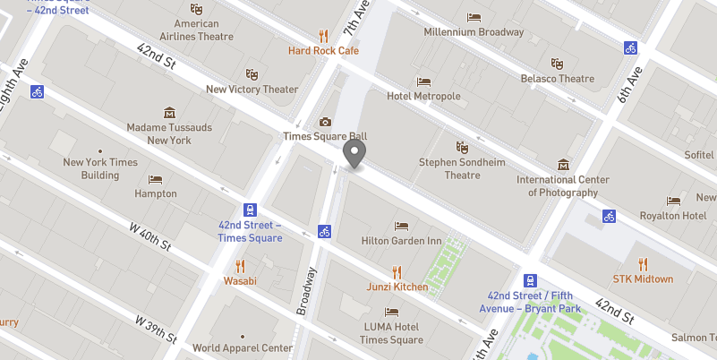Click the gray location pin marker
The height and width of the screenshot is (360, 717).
point(355,154)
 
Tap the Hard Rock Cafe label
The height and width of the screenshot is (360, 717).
point(323,51)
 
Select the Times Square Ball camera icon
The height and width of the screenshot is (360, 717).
point(324,122)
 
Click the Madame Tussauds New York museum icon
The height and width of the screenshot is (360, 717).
point(169,113)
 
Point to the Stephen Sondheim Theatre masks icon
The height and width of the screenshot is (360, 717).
point(462,147)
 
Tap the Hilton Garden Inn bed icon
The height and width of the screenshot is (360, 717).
point(401,226)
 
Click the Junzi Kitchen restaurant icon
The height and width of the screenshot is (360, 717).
point(397,271)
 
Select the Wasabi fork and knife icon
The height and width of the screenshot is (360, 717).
point(239,265)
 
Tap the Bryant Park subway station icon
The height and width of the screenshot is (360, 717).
point(530,280)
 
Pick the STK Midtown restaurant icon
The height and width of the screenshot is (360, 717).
point(643,263)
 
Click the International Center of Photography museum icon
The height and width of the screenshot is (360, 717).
point(563,165)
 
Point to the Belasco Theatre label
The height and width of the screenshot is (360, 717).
point(558,79)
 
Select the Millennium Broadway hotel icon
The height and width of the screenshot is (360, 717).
point(474,17)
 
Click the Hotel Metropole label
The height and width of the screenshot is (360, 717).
point(423,96)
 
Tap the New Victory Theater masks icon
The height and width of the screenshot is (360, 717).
point(252,74)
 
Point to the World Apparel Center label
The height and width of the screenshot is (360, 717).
point(243,348)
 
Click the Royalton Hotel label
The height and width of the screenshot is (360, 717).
point(673,216)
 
